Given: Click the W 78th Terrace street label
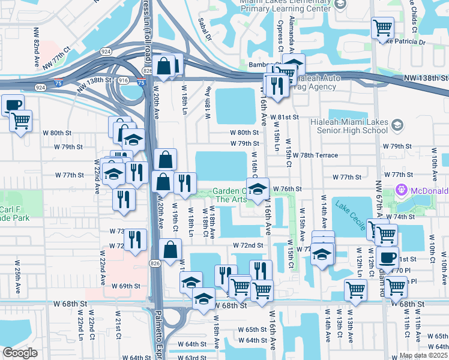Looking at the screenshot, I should (x=315, y=155).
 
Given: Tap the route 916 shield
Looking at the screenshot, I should (x=123, y=80).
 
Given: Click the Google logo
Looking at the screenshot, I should (x=20, y=353).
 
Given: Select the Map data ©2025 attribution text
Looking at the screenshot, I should (x=423, y=355).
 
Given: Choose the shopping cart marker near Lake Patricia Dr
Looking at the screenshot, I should (x=382, y=28).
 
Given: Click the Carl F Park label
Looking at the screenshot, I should (x=13, y=214).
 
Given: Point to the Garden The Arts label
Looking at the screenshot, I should (x=231, y=195).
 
